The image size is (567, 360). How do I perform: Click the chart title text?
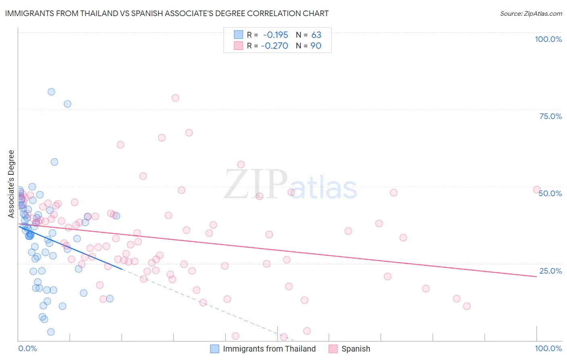tap(167, 13)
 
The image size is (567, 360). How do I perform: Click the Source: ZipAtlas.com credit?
tap(531, 13)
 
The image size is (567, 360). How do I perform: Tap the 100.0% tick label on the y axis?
tap(548, 39)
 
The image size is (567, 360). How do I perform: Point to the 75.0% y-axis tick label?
tap(550, 116)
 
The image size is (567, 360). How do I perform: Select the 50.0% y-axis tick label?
tap(550, 193)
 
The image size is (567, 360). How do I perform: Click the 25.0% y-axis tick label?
tap(550, 271)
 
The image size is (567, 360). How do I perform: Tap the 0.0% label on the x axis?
tap(27, 348)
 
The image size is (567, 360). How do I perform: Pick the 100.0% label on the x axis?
tap(548, 348)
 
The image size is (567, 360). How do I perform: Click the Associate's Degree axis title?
tap(11, 184)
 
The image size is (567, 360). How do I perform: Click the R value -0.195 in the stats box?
tap(275, 35)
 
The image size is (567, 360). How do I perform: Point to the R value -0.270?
tap(275, 46)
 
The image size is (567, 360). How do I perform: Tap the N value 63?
tap(316, 35)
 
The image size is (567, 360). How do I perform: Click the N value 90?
tap(316, 46)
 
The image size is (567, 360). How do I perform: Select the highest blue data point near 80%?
tap(51, 92)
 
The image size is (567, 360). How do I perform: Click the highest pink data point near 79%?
tap(175, 98)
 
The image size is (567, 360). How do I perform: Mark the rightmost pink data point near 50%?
tap(536, 190)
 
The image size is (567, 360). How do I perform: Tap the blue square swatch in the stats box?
tap(238, 35)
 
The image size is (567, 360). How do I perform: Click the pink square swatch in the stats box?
tap(238, 46)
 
